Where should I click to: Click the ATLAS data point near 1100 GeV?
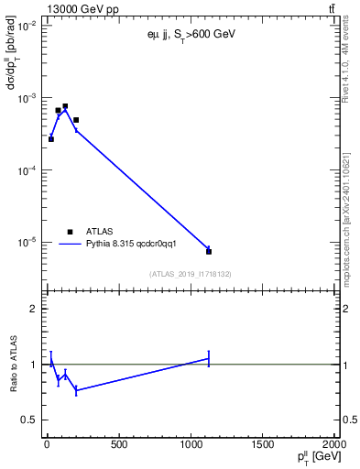[x=209, y=251]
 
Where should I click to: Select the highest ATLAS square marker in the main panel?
[x=65, y=106]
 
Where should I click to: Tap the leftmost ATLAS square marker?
[x=51, y=138]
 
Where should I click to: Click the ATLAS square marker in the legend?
[x=70, y=232]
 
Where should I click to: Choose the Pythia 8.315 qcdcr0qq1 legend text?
[x=125, y=245]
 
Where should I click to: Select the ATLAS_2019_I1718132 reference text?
[x=190, y=274]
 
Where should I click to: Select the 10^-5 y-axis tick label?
[x=27, y=243]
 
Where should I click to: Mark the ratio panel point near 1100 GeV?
[x=209, y=358]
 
